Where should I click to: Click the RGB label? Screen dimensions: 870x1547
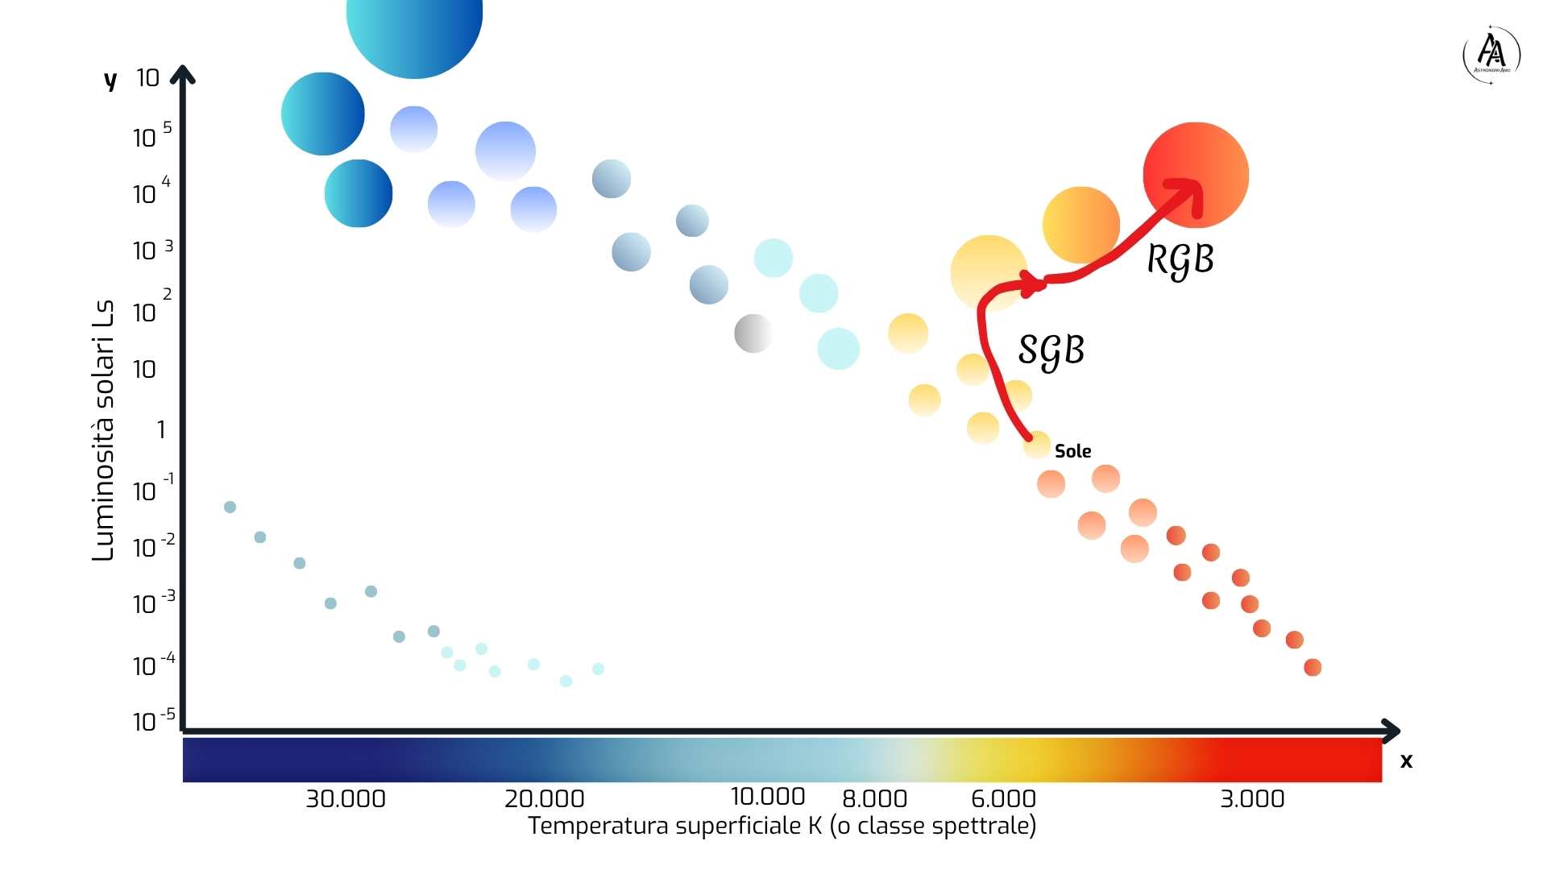tap(1180, 260)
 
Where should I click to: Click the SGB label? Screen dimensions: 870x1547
tap(1051, 351)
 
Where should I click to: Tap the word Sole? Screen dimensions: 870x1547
tap(1072, 451)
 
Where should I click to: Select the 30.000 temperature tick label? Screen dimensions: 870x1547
tap(346, 799)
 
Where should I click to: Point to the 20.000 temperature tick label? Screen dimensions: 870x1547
tap(544, 799)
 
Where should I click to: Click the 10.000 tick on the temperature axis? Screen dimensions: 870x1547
tap(767, 797)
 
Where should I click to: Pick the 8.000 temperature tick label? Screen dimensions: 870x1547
tap(874, 799)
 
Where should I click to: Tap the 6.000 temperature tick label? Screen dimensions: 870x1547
tap(1003, 799)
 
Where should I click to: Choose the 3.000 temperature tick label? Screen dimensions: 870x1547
tap(1252, 799)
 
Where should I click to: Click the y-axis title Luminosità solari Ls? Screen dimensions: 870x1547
tap(103, 431)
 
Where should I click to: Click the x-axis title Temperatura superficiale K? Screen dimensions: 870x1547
tap(782, 826)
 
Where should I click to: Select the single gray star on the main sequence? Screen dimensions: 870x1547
tap(753, 333)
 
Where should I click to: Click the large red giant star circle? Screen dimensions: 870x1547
tap(1196, 175)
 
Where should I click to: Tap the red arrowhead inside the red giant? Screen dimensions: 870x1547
tap(1191, 193)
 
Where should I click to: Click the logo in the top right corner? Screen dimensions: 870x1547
tap(1491, 55)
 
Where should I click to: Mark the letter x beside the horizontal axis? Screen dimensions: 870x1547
tap(1406, 761)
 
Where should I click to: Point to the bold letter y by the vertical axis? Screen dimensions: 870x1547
tap(110, 80)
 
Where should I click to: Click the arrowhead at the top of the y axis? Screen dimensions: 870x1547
tap(183, 74)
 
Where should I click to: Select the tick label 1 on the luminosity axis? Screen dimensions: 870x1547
tap(161, 430)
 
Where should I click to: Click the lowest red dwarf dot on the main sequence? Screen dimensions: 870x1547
tap(1313, 667)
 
